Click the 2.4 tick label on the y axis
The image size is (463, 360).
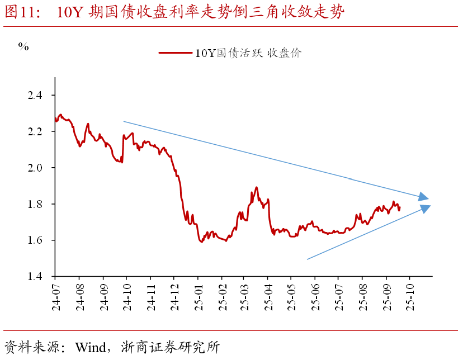click(35, 96)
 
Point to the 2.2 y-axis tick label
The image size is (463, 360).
click(35, 132)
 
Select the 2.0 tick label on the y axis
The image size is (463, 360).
click(35, 168)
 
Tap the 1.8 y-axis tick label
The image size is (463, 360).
click(35, 204)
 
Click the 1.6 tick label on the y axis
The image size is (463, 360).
click(35, 240)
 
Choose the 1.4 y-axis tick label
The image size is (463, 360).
click(35, 277)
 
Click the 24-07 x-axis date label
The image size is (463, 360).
click(56, 294)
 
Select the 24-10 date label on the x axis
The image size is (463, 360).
click(127, 294)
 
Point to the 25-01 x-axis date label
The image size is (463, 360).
click(197, 294)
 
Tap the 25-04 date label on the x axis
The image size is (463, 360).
click(268, 294)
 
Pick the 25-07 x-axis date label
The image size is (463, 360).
click(338, 294)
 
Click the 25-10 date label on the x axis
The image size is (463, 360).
click(409, 294)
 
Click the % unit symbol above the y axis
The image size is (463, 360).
click(23, 46)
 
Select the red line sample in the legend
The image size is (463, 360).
click(175, 53)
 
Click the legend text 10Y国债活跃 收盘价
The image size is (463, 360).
click(248, 53)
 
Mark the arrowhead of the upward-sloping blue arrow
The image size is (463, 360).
click(426, 208)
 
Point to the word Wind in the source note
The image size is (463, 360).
click(93, 347)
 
